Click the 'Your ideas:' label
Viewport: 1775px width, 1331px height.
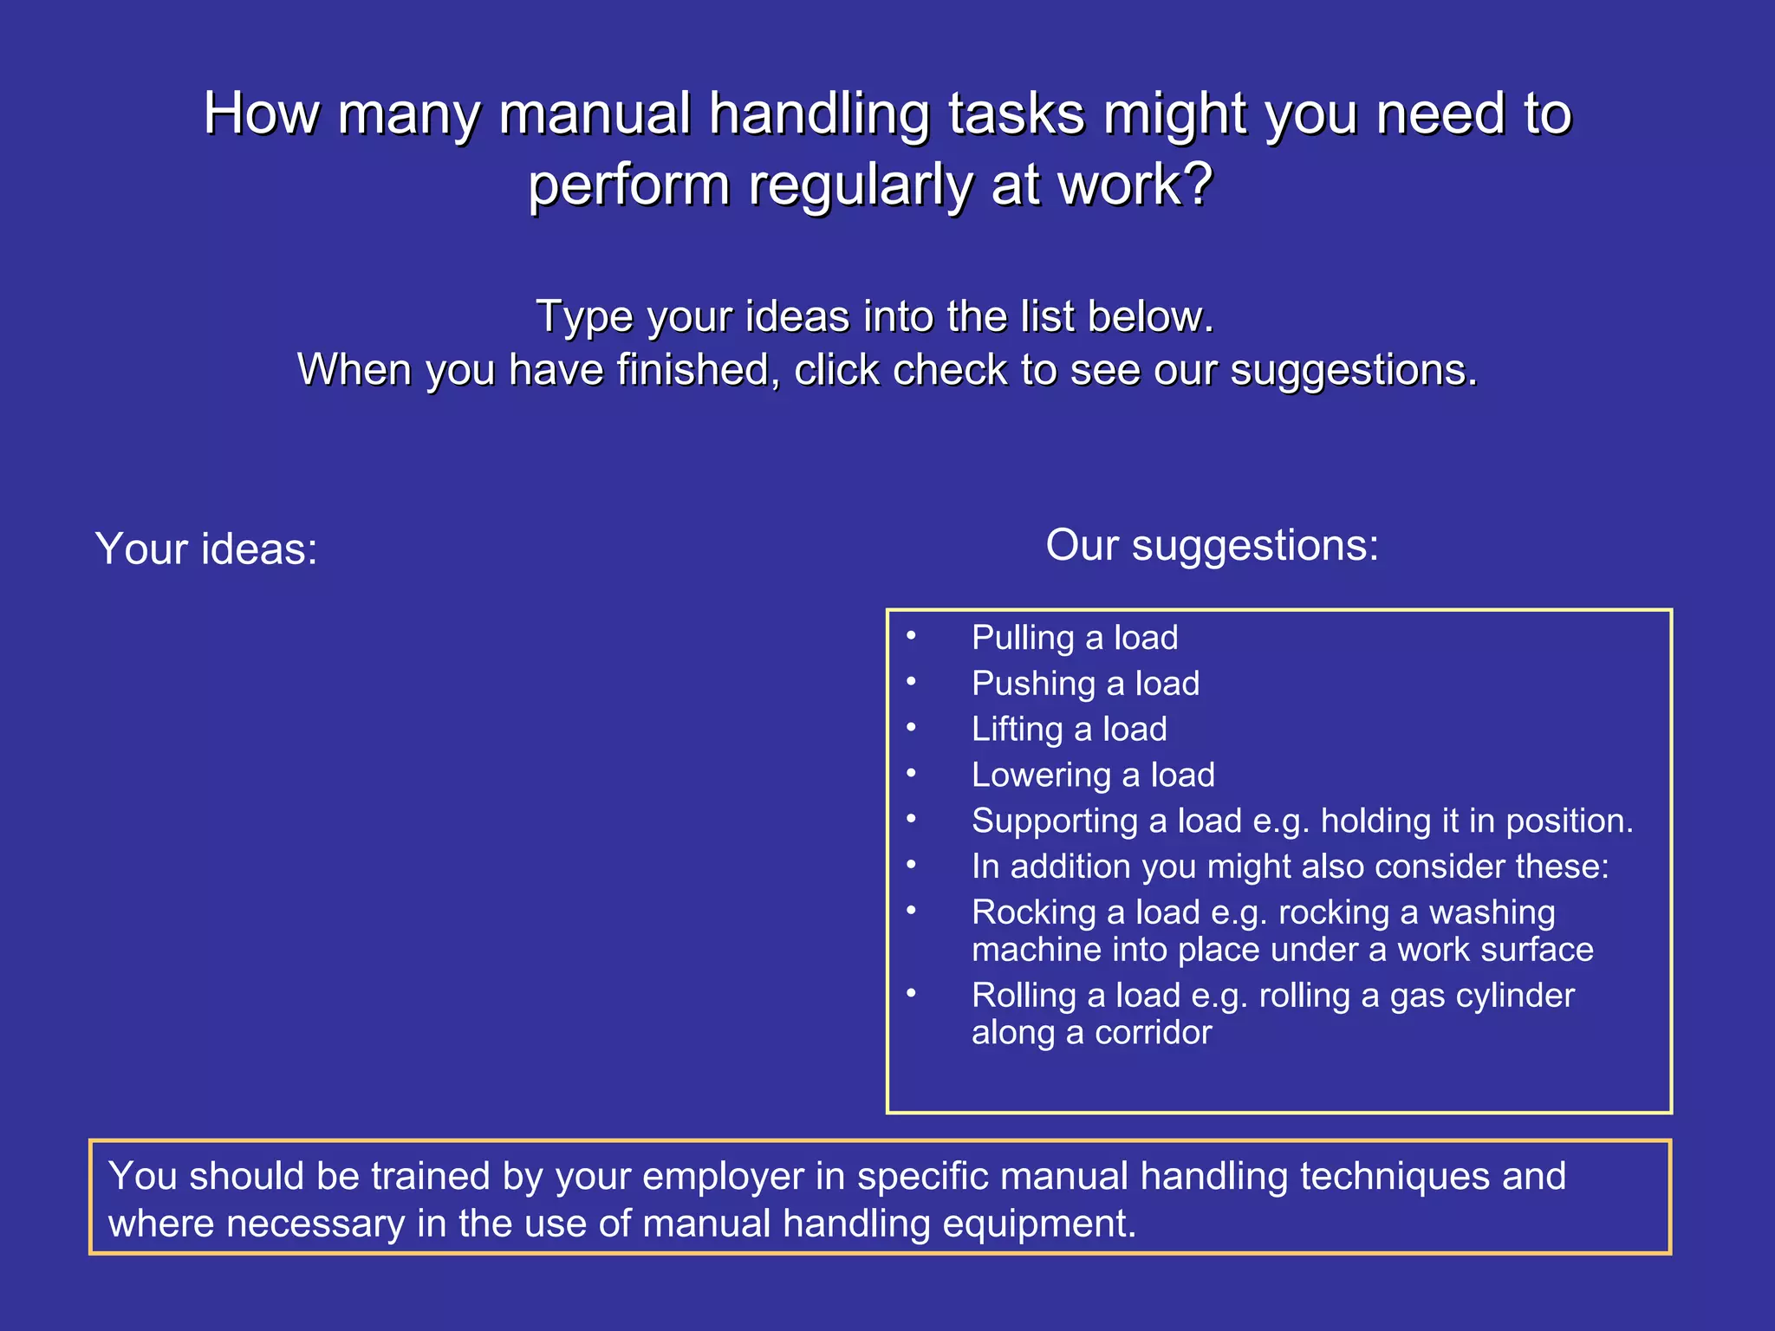pos(206,549)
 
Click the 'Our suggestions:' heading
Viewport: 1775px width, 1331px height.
pos(1212,546)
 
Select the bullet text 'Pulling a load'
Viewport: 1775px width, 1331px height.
pos(1075,638)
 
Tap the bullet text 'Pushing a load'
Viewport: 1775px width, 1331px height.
pos(1085,684)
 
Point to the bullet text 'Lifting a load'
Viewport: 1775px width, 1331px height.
pos(1069,730)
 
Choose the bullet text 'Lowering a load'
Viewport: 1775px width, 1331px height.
pos(1093,776)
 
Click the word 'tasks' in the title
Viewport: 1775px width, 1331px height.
pos(1016,114)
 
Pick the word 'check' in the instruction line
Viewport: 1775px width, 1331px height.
pos(948,371)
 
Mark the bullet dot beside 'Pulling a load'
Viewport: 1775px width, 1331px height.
pos(911,636)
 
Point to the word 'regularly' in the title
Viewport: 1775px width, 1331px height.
pos(860,185)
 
